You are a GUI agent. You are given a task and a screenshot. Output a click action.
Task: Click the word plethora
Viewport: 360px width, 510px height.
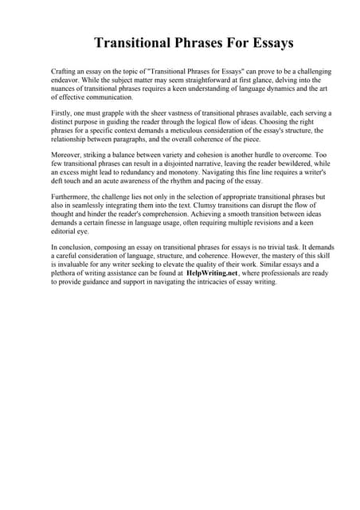point(66,281)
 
